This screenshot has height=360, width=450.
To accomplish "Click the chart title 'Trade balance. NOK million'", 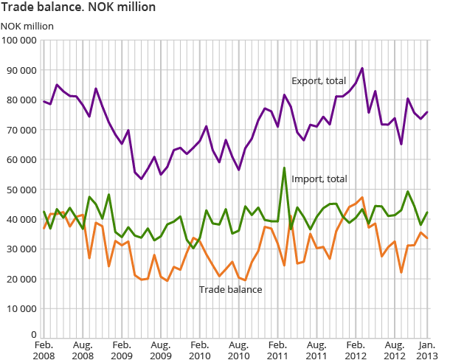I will pyautogui.click(x=78, y=8).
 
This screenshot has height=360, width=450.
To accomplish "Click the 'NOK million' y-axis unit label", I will pyautogui.click(x=27, y=26).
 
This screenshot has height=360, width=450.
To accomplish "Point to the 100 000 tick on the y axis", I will pyautogui.click(x=19, y=40).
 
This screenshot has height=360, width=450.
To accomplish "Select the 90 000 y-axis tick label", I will pyautogui.click(x=21, y=70).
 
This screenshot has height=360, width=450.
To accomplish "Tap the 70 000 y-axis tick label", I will pyautogui.click(x=21, y=130).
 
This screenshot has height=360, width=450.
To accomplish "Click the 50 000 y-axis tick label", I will pyautogui.click(x=21, y=190).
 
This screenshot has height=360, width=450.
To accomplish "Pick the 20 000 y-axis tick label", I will pyautogui.click(x=21, y=279).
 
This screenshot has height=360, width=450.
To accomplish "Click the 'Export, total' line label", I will pyautogui.click(x=319, y=80).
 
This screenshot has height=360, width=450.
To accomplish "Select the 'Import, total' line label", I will pyautogui.click(x=319, y=179).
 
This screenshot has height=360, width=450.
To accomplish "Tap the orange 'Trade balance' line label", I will pyautogui.click(x=230, y=289).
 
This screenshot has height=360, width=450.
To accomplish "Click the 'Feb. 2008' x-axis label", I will pyautogui.click(x=44, y=349).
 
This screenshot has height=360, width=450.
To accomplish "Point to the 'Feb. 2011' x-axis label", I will pyautogui.click(x=277, y=349).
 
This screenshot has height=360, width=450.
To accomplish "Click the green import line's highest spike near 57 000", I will pyautogui.click(x=284, y=168).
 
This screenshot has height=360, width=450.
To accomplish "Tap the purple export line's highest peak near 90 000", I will pyautogui.click(x=362, y=69).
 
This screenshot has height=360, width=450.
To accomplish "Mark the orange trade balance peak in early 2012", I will pyautogui.click(x=362, y=198).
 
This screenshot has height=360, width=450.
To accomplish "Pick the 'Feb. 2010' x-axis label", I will pyautogui.click(x=199, y=349).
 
